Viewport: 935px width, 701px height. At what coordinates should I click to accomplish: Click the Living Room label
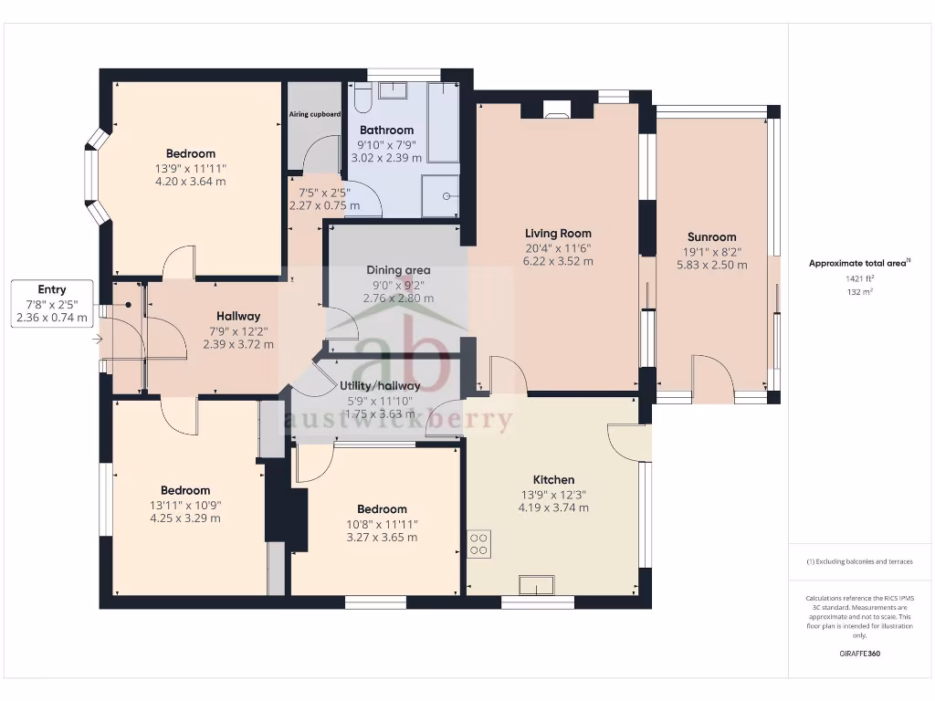click(x=557, y=233)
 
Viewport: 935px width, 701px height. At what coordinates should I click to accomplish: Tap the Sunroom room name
click(x=711, y=236)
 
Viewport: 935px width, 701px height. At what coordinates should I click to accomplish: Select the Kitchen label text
click(x=553, y=479)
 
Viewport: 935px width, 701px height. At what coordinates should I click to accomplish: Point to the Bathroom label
click(x=386, y=130)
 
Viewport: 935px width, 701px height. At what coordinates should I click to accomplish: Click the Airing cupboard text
click(x=315, y=114)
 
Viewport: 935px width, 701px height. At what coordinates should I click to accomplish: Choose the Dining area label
click(x=398, y=269)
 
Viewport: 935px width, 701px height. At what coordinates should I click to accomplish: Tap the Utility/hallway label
click(x=379, y=385)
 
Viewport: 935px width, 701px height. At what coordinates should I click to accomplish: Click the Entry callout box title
click(x=52, y=289)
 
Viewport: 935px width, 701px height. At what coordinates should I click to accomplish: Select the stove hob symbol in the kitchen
click(x=479, y=545)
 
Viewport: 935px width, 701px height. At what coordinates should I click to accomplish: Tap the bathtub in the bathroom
click(x=443, y=122)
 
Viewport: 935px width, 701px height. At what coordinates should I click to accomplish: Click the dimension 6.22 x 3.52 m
click(x=557, y=261)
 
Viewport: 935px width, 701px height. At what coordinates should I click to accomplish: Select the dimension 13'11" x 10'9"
click(x=185, y=505)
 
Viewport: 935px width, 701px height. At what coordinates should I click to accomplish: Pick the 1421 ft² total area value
click(x=858, y=279)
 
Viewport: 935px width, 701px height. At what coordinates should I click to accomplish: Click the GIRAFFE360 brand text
click(x=858, y=654)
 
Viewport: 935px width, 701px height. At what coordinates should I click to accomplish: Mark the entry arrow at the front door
click(x=98, y=340)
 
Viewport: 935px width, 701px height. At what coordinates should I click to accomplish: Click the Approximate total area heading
click(x=858, y=263)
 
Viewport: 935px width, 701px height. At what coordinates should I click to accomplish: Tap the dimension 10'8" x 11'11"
click(x=382, y=523)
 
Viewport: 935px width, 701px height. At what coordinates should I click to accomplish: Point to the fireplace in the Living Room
click(x=556, y=113)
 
